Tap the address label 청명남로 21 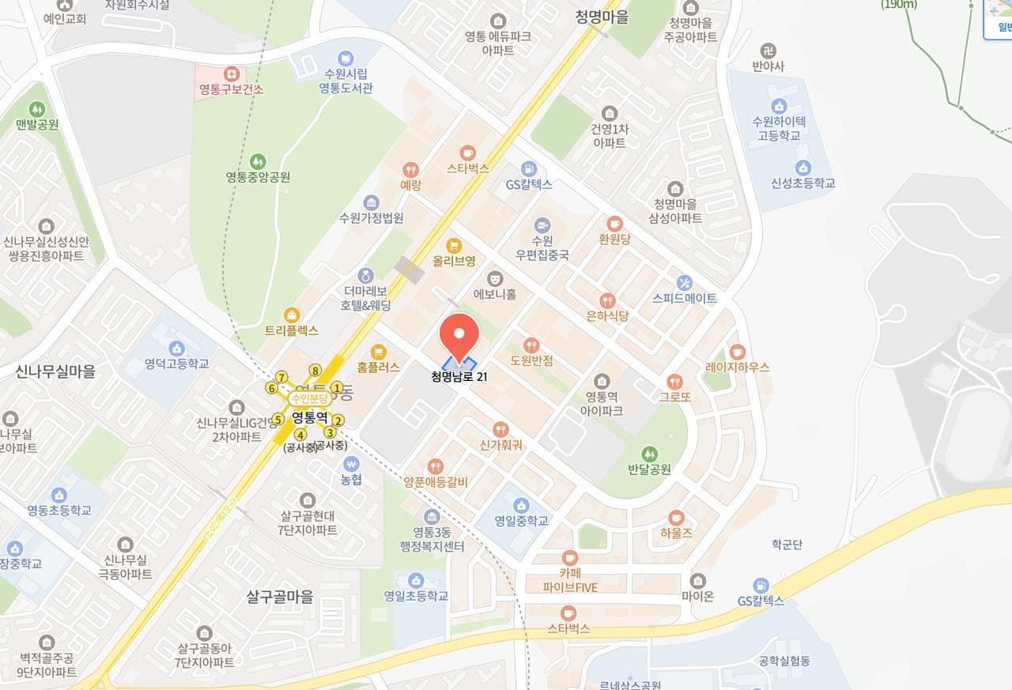click(x=459, y=377)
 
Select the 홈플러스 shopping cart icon click(x=379, y=352)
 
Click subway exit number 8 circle click(x=315, y=370)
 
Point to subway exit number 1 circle click(x=337, y=387)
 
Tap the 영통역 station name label click(x=309, y=415)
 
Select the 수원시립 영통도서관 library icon click(x=346, y=58)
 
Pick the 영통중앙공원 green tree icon click(x=257, y=161)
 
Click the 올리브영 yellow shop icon click(x=454, y=244)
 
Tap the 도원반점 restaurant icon click(x=531, y=345)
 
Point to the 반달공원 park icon click(x=649, y=454)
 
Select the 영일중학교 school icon click(x=521, y=505)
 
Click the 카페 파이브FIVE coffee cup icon click(x=569, y=557)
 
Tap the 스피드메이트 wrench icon click(x=685, y=282)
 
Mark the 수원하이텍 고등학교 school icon click(x=780, y=105)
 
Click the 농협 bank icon click(x=351, y=463)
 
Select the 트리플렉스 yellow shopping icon click(x=292, y=315)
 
